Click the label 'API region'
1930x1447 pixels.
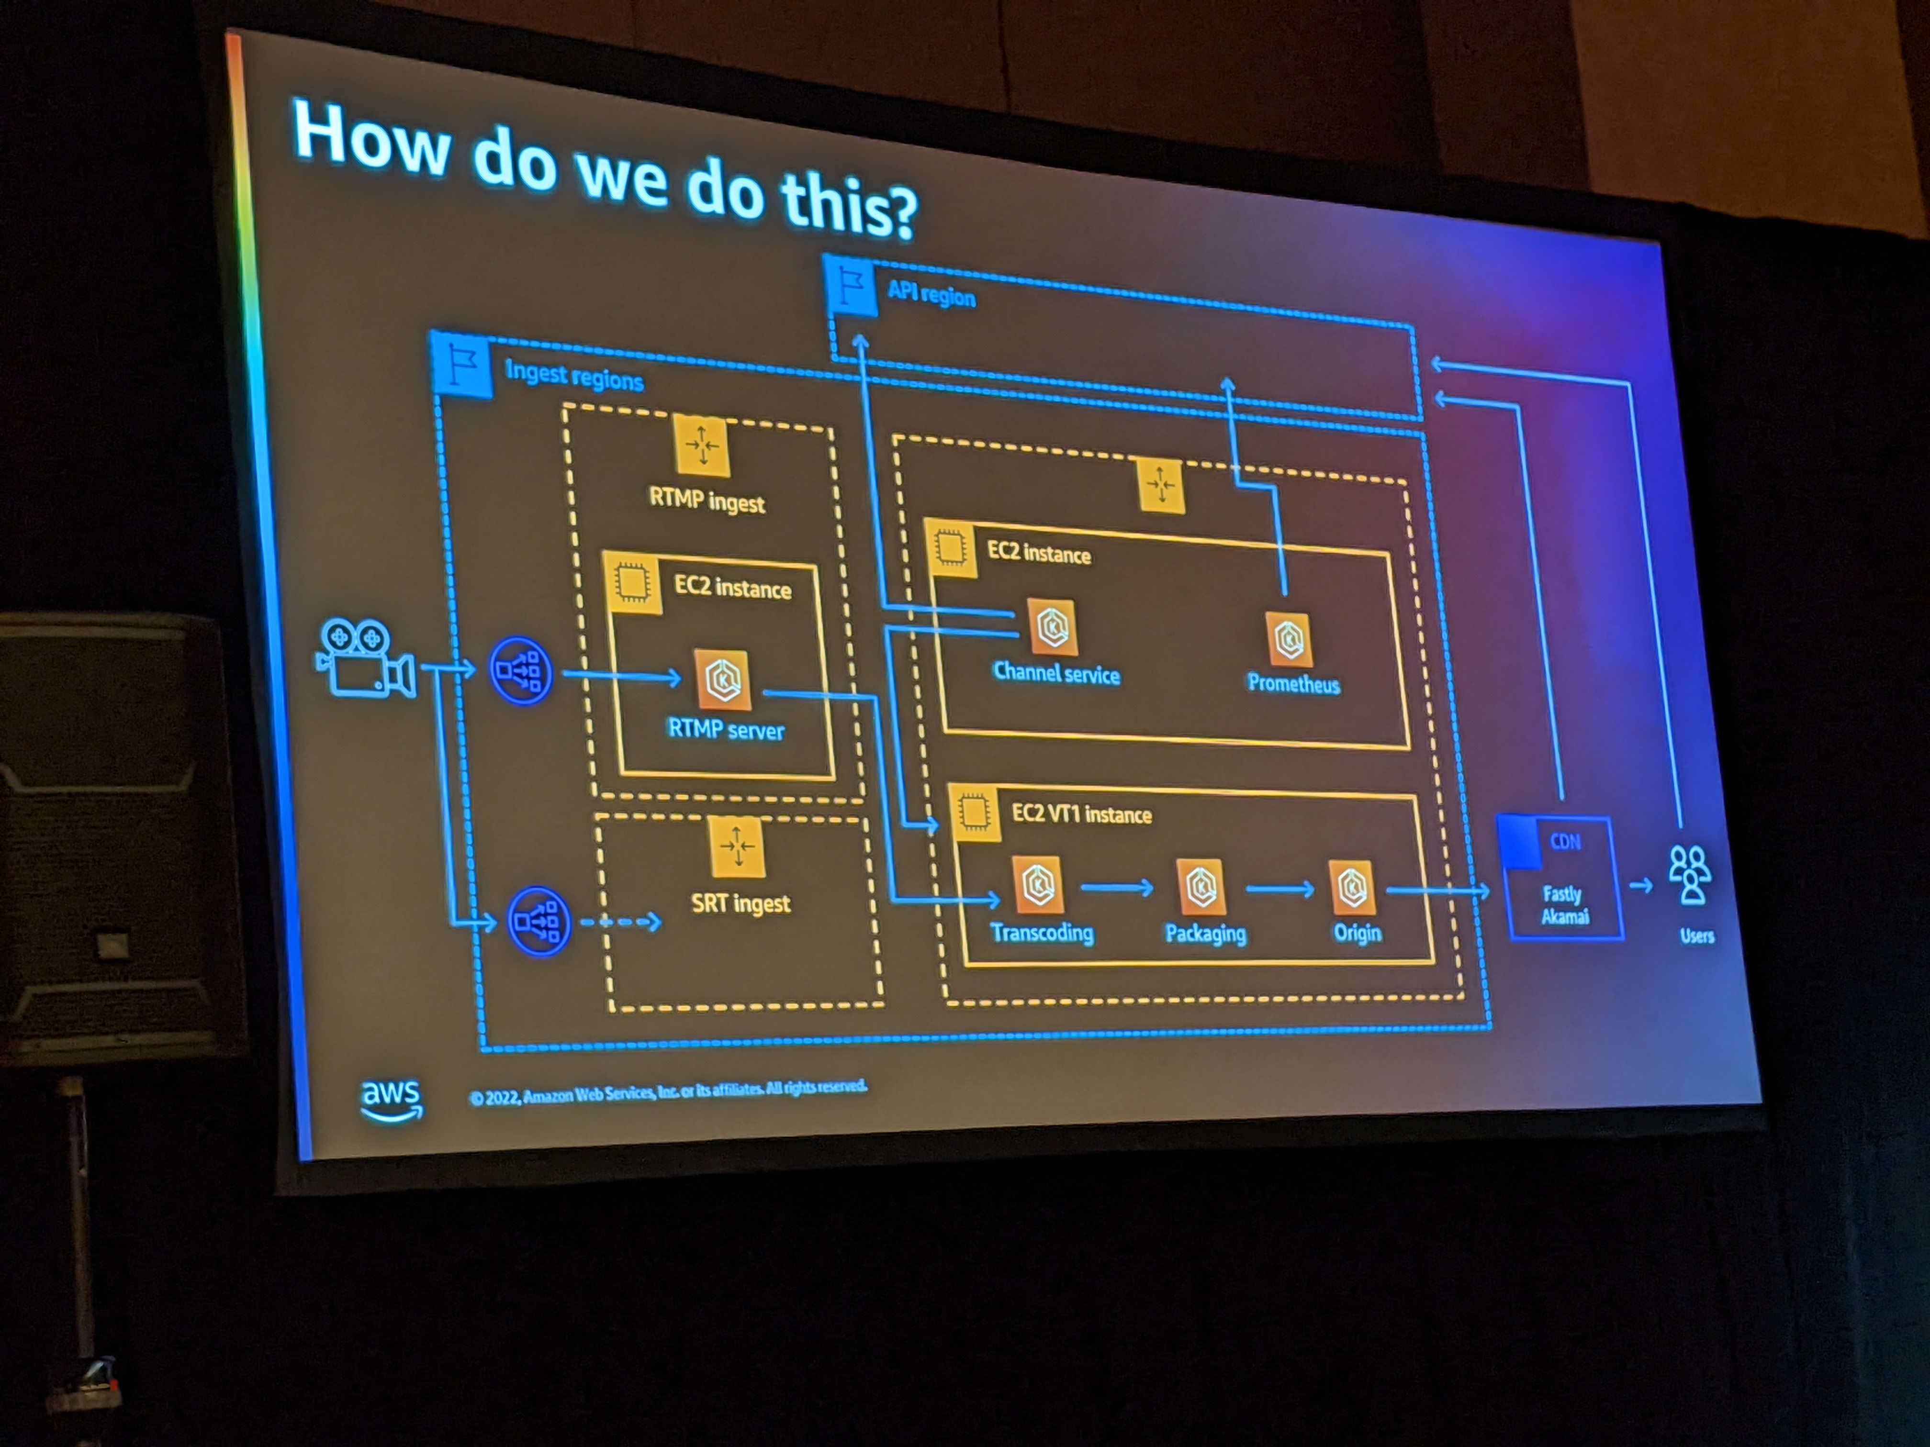coord(931,294)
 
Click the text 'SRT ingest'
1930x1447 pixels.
coord(741,903)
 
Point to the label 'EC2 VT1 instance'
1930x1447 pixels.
coord(1081,814)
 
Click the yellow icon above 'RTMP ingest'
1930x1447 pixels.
coord(702,445)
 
